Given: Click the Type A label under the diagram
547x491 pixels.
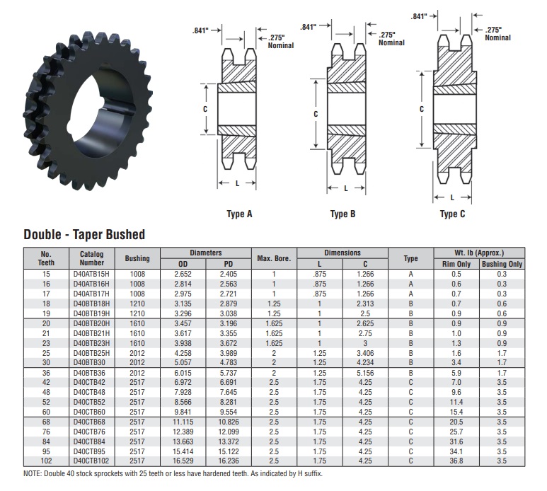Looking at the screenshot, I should pos(239,214).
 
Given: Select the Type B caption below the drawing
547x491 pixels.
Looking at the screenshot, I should pos(342,214).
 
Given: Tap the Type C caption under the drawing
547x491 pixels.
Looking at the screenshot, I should pos(453,214).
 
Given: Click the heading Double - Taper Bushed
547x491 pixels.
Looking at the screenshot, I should pos(84,234).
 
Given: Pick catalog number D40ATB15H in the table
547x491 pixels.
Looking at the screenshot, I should pos(92,274).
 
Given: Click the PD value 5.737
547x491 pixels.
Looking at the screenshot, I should pos(228,372).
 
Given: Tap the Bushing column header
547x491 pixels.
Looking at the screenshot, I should pos(137,259).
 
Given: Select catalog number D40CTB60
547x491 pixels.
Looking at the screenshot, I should pos(92,410).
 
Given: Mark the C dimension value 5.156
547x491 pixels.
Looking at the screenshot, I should pos(365,372).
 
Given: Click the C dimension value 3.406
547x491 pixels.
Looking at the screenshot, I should pos(365,352).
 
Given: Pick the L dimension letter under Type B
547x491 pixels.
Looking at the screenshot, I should pos(345,187).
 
